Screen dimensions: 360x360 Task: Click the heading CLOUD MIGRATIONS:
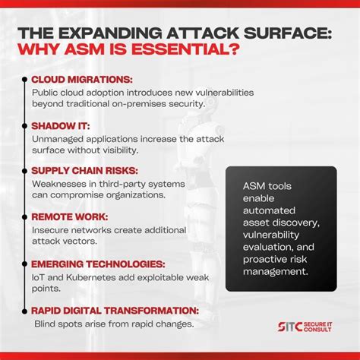(x=80, y=79)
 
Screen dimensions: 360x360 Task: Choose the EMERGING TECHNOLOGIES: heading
(x=99, y=264)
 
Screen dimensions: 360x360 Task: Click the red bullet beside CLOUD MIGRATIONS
(x=24, y=79)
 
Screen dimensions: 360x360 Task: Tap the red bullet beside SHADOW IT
(x=24, y=125)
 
